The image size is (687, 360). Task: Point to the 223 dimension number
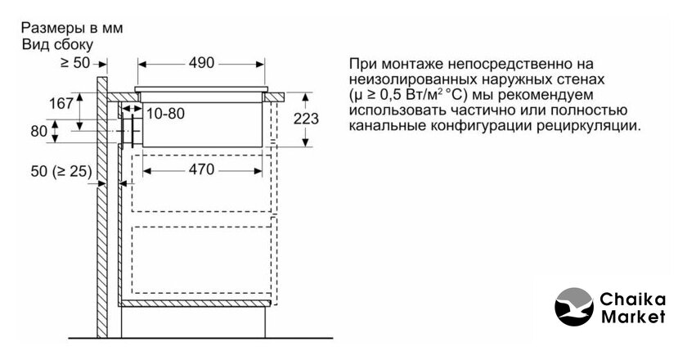pyautogui.click(x=306, y=118)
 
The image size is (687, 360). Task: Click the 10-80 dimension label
pyautogui.click(x=166, y=112)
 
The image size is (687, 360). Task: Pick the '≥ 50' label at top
pyautogui.click(x=77, y=61)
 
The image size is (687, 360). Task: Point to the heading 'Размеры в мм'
pyautogui.click(x=70, y=27)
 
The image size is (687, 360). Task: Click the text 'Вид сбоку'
pyautogui.click(x=58, y=43)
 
